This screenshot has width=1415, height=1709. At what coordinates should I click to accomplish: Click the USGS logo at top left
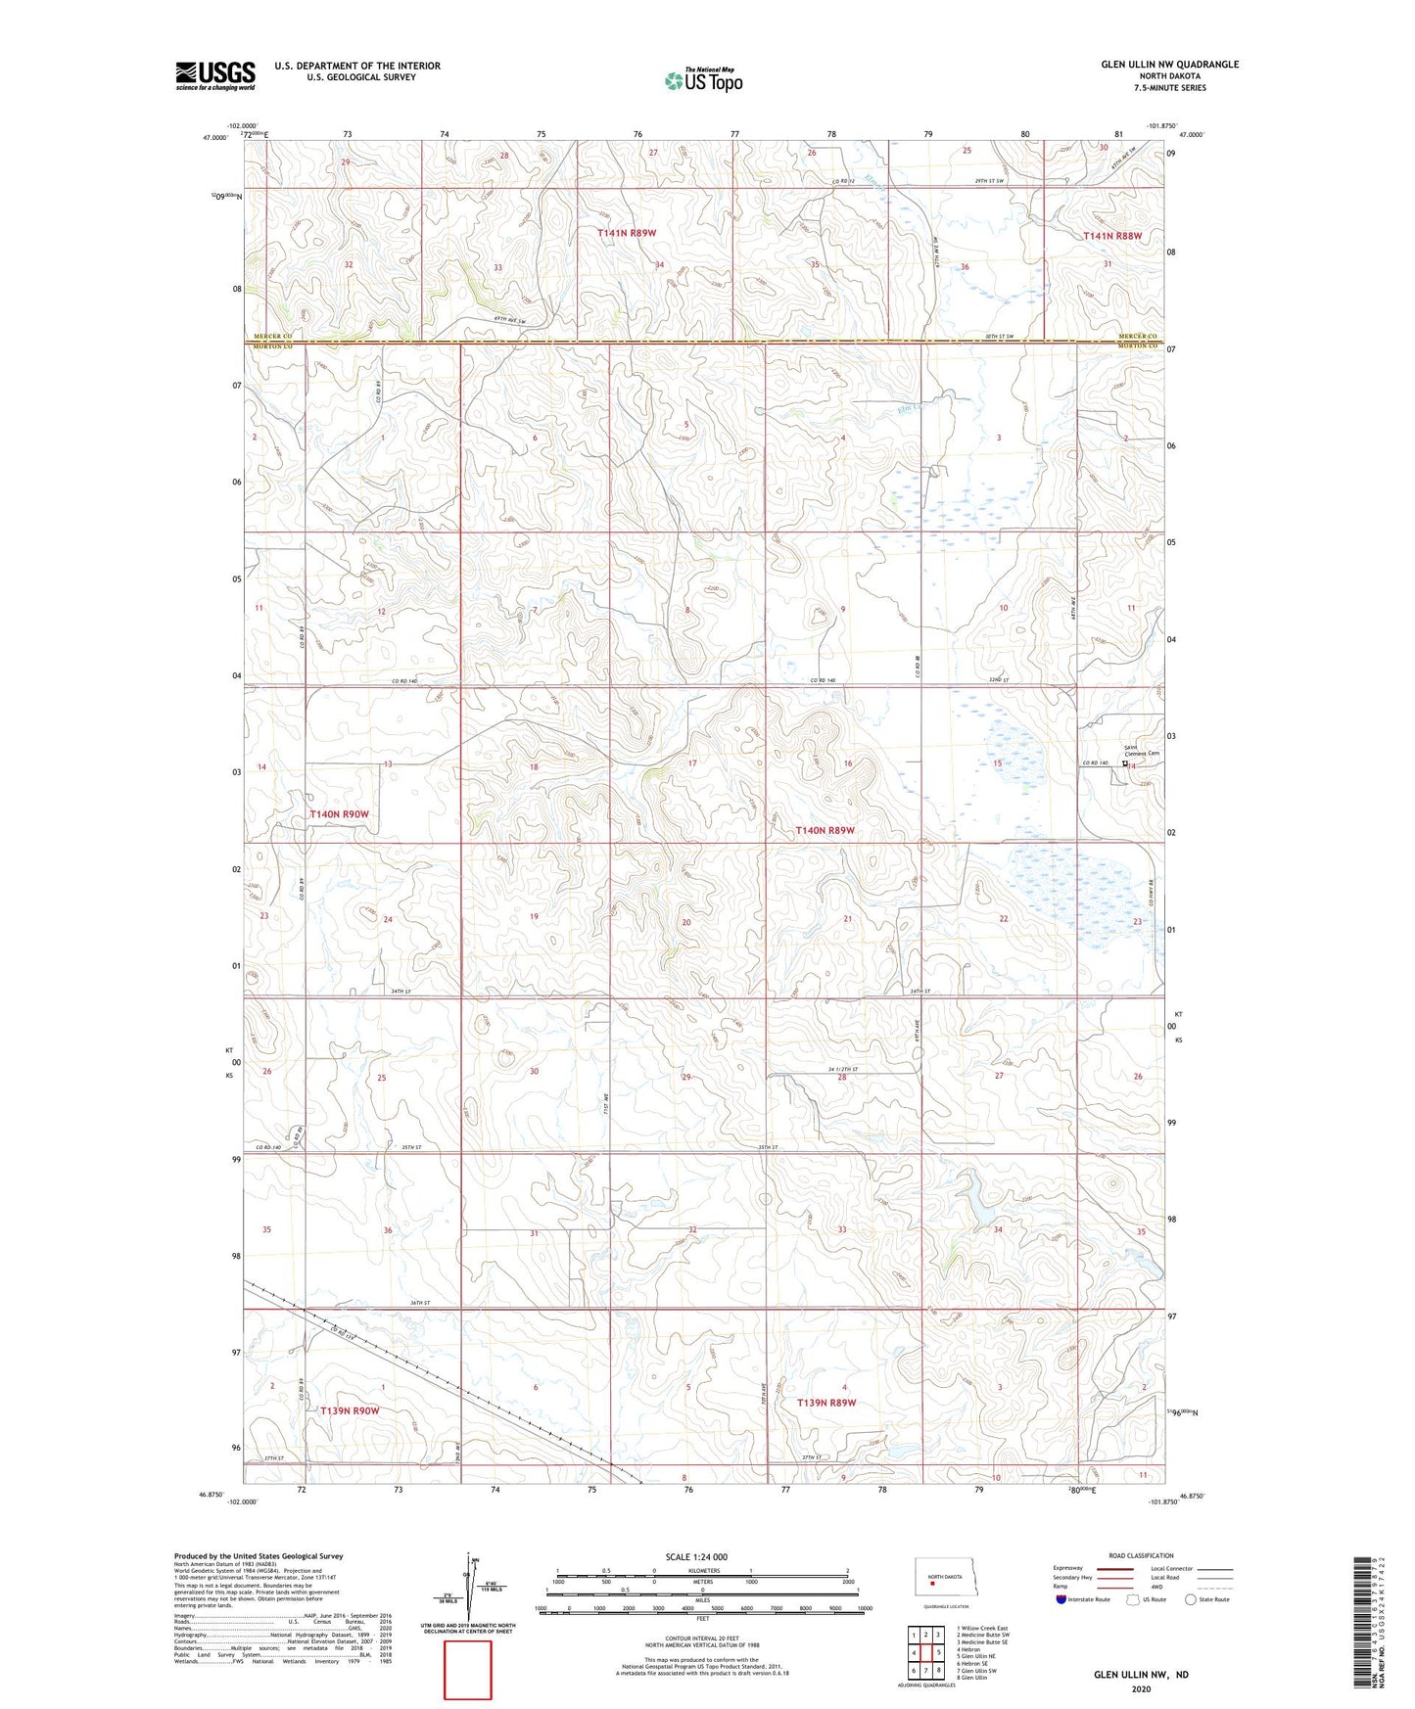pyautogui.click(x=215, y=75)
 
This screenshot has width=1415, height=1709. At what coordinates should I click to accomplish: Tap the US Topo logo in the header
pyautogui.click(x=702, y=80)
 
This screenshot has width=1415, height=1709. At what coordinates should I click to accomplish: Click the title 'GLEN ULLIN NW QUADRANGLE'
pyautogui.click(x=1169, y=65)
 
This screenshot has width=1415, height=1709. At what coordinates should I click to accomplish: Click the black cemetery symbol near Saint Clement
pyautogui.click(x=1125, y=765)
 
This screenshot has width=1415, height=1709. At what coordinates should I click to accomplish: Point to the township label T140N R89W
pyautogui.click(x=825, y=830)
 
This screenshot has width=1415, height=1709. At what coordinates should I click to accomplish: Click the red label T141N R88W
pyautogui.click(x=1112, y=236)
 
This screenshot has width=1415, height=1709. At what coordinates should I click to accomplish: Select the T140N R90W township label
pyautogui.click(x=340, y=814)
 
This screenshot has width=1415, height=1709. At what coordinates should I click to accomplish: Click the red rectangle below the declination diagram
pyautogui.click(x=468, y=1670)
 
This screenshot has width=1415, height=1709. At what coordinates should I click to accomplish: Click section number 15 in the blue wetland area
pyautogui.click(x=997, y=763)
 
